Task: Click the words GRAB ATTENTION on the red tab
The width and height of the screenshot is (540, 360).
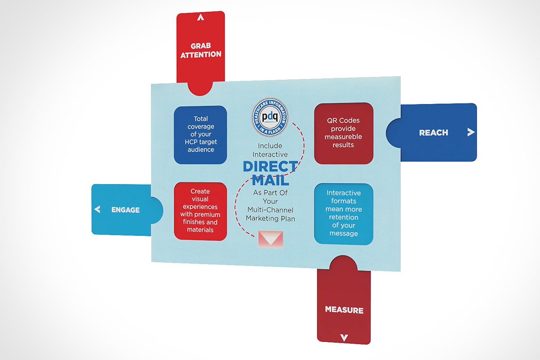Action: pyautogui.click(x=201, y=50)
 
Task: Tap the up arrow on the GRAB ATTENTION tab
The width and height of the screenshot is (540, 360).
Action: pyautogui.click(x=201, y=18)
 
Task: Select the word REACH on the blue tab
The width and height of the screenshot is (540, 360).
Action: pyautogui.click(x=433, y=132)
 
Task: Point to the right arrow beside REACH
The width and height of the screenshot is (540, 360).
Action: pyautogui.click(x=471, y=132)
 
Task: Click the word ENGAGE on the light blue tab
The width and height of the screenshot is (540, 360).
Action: pyautogui.click(x=126, y=210)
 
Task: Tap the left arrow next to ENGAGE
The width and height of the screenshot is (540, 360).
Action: pyautogui.click(x=97, y=209)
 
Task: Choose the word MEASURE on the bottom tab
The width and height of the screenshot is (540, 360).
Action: pyautogui.click(x=344, y=310)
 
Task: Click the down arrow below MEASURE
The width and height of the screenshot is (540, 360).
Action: pyautogui.click(x=344, y=337)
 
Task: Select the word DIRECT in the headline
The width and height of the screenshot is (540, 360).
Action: pyautogui.click(x=270, y=166)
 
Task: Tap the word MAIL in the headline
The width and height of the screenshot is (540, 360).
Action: pyautogui.click(x=270, y=180)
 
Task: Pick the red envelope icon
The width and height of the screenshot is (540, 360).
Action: pyautogui.click(x=270, y=239)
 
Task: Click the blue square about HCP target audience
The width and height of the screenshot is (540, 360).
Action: pyautogui.click(x=201, y=135)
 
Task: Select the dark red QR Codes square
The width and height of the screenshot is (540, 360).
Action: pyautogui.click(x=343, y=133)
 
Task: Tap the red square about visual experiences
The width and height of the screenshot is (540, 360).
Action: pyautogui.click(x=200, y=211)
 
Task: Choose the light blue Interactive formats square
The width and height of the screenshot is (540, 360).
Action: pyautogui.click(x=343, y=213)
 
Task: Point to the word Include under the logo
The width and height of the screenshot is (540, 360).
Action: pyautogui.click(x=270, y=146)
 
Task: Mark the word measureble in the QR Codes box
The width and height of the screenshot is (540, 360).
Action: pyautogui.click(x=344, y=137)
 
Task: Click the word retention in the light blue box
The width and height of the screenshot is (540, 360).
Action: pyautogui.click(x=344, y=217)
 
